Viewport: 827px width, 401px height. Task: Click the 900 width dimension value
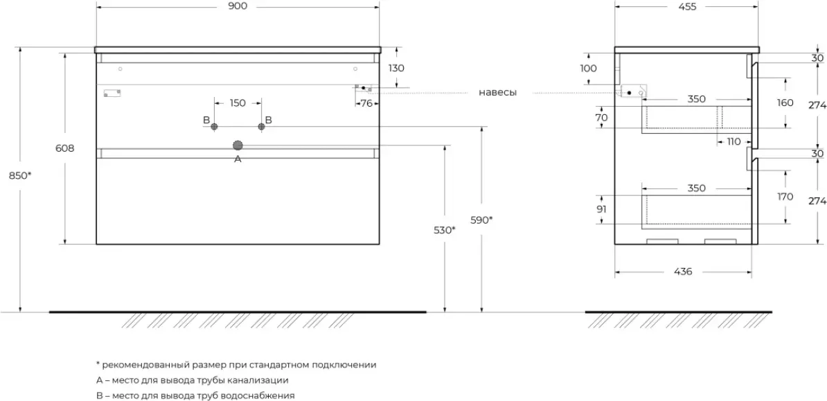point(238,7)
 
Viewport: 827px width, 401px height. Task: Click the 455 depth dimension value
point(687,7)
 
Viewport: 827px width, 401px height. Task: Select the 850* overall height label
point(19,176)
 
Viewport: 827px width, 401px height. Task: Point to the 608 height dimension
point(65,148)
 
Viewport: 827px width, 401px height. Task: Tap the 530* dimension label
point(444,230)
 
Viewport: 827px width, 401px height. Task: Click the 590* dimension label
point(481,220)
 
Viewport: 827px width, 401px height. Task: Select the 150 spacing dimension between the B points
point(238,103)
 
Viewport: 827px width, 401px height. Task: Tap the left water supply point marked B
point(214,127)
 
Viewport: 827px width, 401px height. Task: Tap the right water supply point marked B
point(261,127)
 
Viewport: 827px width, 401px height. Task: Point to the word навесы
point(498,93)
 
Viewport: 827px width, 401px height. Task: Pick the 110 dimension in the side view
point(733,141)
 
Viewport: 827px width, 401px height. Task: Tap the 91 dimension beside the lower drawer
point(601,209)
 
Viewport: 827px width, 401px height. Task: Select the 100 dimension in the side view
point(588,68)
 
